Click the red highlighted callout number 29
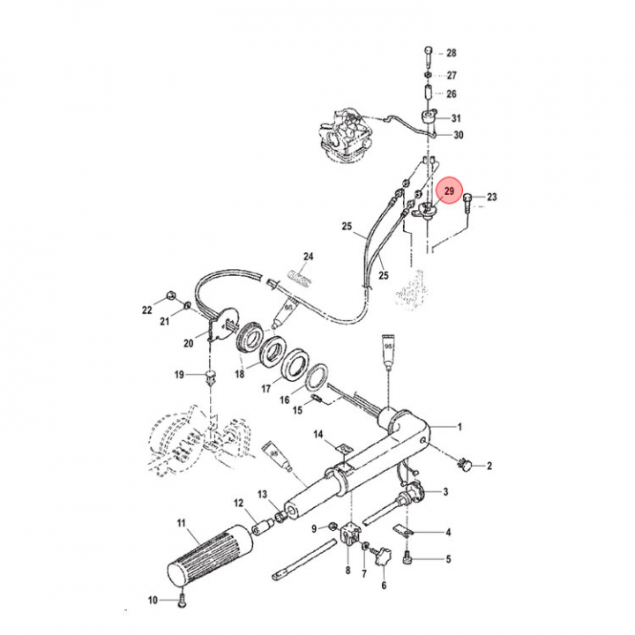[449, 190]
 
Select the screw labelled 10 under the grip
[182, 600]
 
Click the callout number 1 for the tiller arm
[459, 427]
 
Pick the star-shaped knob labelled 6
[383, 557]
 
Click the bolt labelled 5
[407, 559]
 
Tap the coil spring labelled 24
[298, 278]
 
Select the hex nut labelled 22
[170, 295]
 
